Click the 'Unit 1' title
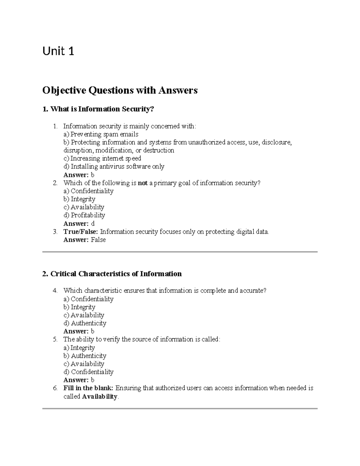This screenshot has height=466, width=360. pos(58,52)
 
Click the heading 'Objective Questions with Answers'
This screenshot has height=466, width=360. pos(120,90)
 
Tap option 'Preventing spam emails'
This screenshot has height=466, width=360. pos(101,134)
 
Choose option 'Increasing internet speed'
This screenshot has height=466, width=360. pos(102,158)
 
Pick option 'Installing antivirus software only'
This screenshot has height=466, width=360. pos(114,167)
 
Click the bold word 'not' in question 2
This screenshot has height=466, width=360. pos(142,183)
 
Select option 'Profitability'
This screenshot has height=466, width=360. pos(84,215)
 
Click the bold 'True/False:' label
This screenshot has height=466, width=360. pos(81,232)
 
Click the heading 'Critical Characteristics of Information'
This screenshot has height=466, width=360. pos(112,274)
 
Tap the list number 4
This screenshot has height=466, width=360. pos(55,290)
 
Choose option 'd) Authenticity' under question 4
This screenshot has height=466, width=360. pos(85,323)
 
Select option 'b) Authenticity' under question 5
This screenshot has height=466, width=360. pos(85,356)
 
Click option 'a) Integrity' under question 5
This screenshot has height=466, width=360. pos(79,347)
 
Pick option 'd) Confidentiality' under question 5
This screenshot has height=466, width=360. pos(88,372)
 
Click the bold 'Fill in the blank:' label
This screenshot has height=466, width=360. pos(88,388)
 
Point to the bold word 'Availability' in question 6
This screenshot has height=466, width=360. pos(100,396)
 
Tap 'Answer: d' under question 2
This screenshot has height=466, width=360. pos(79,224)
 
